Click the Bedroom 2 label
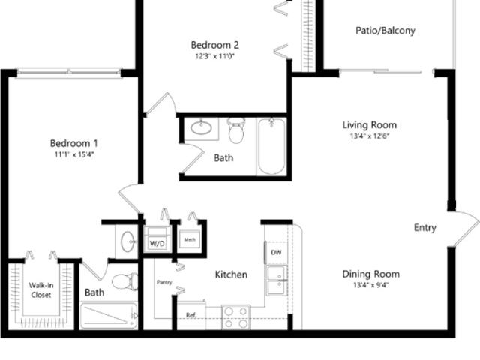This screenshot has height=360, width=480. click(x=214, y=44)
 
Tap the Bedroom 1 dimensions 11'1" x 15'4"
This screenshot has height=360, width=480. click(x=73, y=155)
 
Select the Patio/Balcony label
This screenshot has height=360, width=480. click(x=385, y=31)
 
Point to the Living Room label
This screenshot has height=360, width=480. click(x=370, y=125)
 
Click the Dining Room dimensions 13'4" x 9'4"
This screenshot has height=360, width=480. click(x=370, y=285)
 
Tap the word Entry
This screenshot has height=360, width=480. click(x=425, y=228)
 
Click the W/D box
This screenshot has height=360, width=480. click(x=157, y=243)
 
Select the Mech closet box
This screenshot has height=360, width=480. click(x=187, y=241)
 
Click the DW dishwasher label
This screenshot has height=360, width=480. click(x=276, y=253)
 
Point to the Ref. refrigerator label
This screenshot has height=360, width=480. click(x=191, y=315)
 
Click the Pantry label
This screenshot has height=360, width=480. click(x=165, y=283)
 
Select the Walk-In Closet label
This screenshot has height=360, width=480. click(x=41, y=290)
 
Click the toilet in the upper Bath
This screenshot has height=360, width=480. click(x=236, y=131)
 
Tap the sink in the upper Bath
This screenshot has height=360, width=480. click(x=201, y=127)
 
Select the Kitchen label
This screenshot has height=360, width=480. click(x=231, y=274)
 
